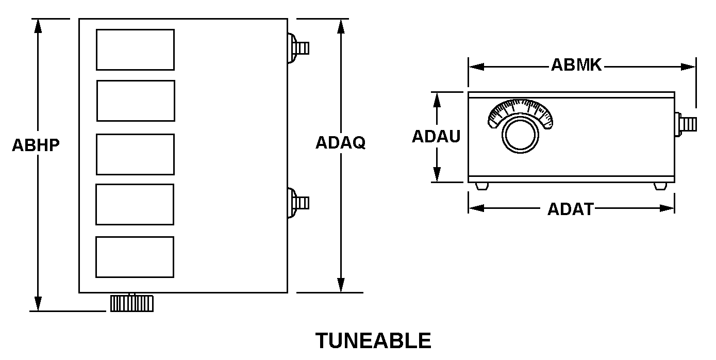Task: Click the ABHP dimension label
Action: pyautogui.click(x=36, y=145)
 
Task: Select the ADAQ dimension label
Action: pyautogui.click(x=340, y=143)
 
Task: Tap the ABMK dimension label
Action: pyautogui.click(x=576, y=66)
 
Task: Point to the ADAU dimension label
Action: pyautogui.click(x=436, y=137)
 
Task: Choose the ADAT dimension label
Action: pyautogui.click(x=570, y=209)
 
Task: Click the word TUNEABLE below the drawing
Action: pyautogui.click(x=373, y=341)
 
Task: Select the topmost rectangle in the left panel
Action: pyautogui.click(x=135, y=50)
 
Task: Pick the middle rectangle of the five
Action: pyautogui.click(x=135, y=154)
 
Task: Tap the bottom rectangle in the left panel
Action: pyautogui.click(x=135, y=257)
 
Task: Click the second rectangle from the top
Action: pyautogui.click(x=136, y=101)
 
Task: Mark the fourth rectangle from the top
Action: pyautogui.click(x=135, y=204)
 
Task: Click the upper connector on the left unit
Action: pyautogui.click(x=298, y=48)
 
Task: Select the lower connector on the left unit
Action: pyautogui.click(x=298, y=202)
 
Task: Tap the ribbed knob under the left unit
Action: pyautogui.click(x=131, y=303)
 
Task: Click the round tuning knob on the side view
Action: pyautogui.click(x=521, y=135)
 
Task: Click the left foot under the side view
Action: pyautogui.click(x=481, y=186)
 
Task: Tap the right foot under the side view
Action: pyautogui.click(x=660, y=186)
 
